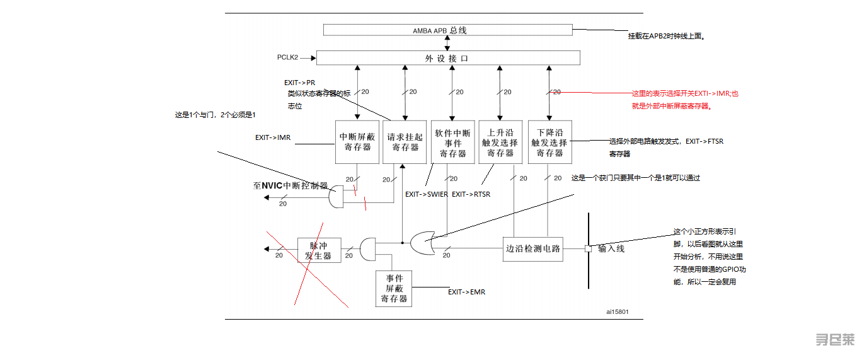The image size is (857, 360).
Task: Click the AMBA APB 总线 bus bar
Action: click(447, 30)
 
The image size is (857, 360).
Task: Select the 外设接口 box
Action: click(447, 58)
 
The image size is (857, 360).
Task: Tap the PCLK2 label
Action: click(287, 57)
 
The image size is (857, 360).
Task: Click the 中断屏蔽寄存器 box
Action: click(357, 142)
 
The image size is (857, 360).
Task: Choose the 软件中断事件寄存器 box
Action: click(452, 142)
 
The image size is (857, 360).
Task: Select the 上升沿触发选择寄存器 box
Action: click(500, 142)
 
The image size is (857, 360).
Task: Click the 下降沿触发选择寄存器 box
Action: click(549, 142)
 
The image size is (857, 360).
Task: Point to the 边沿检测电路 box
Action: click(532, 248)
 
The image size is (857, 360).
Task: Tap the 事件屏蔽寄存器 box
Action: click(394, 289)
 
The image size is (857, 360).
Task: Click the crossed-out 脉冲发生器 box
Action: click(319, 251)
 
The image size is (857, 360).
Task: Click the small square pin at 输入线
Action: click(588, 248)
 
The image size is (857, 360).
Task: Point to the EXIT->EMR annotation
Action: click(466, 292)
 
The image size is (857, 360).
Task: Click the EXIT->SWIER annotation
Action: click(426, 194)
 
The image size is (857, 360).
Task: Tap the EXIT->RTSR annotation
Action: click(471, 194)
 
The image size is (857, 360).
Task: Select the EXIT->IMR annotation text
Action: click(272, 137)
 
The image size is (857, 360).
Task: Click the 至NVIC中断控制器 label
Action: click(290, 186)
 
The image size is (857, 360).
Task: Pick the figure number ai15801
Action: click(617, 311)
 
